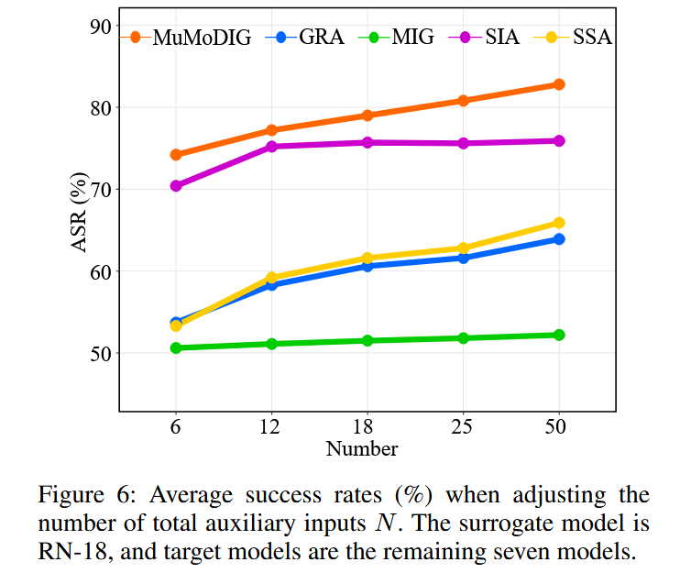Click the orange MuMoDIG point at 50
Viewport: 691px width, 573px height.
pyautogui.click(x=558, y=84)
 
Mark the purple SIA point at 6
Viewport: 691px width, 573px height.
pyautogui.click(x=176, y=185)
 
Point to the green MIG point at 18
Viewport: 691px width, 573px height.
pyautogui.click(x=367, y=340)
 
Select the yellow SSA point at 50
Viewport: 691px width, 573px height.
pyautogui.click(x=558, y=223)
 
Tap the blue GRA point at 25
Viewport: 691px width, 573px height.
pyautogui.click(x=463, y=258)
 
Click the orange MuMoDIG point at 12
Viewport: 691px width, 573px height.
pyautogui.click(x=271, y=130)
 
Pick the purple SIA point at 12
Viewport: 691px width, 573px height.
pyautogui.click(x=271, y=147)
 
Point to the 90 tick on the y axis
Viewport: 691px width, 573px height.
pyautogui.click(x=99, y=26)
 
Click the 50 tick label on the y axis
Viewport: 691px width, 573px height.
pyautogui.click(x=99, y=353)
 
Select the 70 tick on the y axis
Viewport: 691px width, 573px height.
pyautogui.click(x=99, y=190)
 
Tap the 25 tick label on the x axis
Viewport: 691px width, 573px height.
pyautogui.click(x=463, y=427)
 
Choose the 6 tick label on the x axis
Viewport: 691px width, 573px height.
pyautogui.click(x=176, y=427)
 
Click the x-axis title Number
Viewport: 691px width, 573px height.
pyautogui.click(x=362, y=449)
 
